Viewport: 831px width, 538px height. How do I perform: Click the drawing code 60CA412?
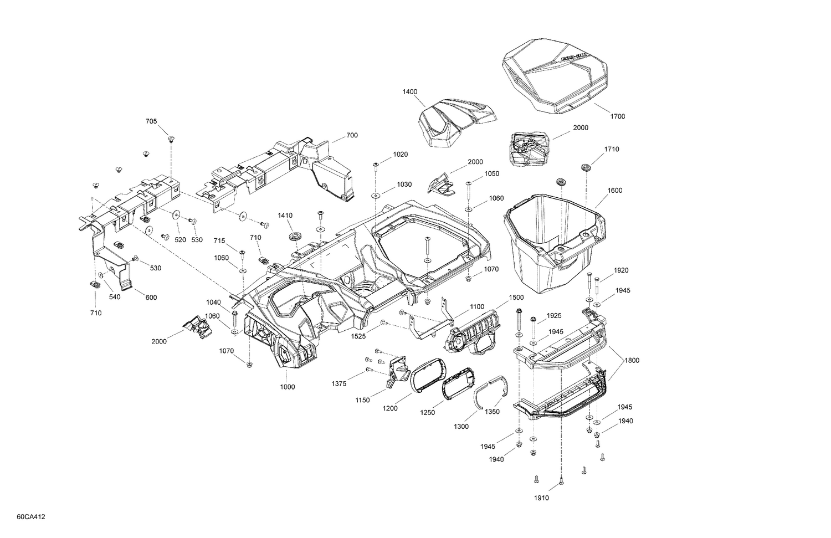click(31, 517)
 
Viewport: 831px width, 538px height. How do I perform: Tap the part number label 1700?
click(617, 116)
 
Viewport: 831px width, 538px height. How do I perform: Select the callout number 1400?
click(410, 92)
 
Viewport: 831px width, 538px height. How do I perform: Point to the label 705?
click(151, 121)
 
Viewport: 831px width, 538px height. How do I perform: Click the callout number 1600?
click(614, 191)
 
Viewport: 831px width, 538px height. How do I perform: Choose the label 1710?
click(612, 149)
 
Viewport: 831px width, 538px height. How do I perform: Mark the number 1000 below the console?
click(287, 387)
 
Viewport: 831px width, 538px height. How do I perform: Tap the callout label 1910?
click(541, 498)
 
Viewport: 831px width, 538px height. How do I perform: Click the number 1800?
click(632, 360)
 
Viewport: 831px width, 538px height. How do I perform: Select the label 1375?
click(339, 383)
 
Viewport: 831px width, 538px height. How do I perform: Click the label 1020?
click(401, 154)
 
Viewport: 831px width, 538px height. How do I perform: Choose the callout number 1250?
click(427, 412)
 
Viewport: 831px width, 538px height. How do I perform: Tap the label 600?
click(151, 298)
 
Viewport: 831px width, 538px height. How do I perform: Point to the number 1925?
click(554, 316)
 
